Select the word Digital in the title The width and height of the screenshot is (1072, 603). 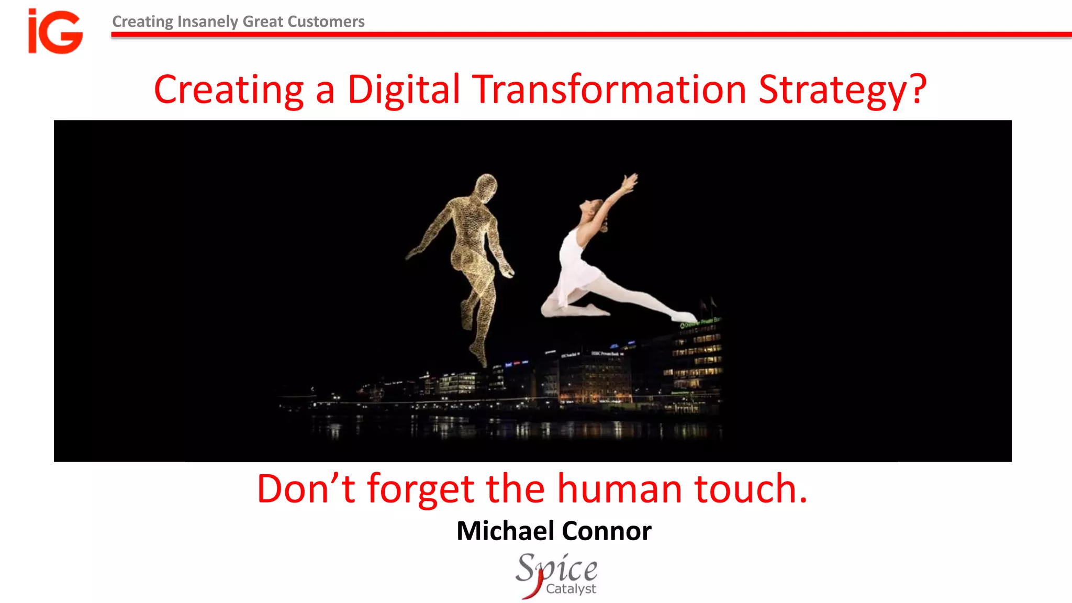click(x=404, y=90)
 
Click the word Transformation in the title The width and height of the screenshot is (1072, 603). click(x=609, y=90)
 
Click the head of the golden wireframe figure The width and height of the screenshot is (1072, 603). click(x=486, y=187)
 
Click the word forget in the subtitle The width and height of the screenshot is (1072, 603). click(x=421, y=489)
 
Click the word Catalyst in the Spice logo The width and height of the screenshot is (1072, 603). click(x=571, y=589)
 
